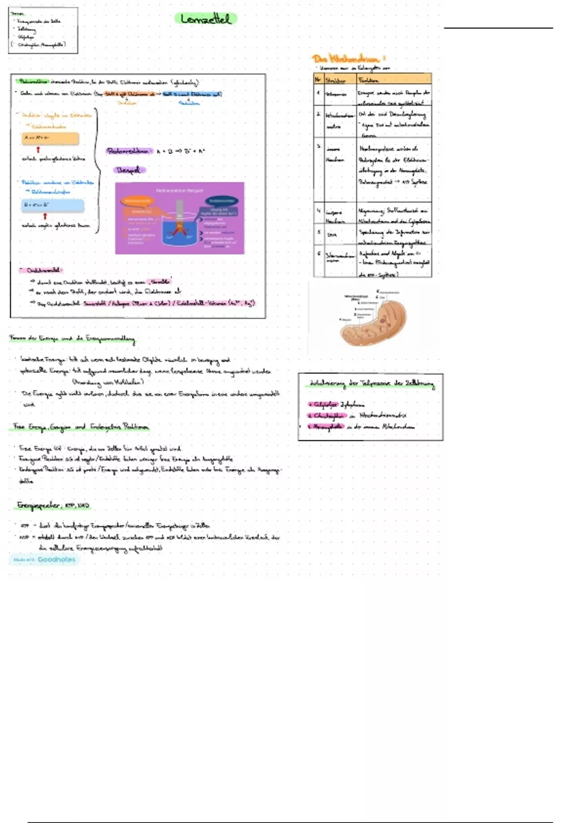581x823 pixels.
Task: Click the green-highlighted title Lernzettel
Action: click(206, 19)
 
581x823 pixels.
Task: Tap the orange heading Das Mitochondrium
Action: click(348, 59)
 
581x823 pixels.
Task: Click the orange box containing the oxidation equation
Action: click(50, 138)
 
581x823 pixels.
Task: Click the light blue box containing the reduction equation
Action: click(53, 205)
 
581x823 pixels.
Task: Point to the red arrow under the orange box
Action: click(38, 150)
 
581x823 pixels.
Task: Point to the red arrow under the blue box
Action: click(45, 216)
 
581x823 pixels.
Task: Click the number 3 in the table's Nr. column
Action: click(319, 146)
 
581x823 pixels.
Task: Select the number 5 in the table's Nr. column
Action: click(319, 232)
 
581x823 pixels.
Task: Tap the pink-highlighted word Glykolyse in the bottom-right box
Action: click(324, 404)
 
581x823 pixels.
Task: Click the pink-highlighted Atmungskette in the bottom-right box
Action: click(328, 427)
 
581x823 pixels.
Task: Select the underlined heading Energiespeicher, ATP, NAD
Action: click(53, 505)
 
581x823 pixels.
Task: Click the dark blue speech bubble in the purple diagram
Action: click(222, 200)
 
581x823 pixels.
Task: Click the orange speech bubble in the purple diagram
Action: click(138, 200)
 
